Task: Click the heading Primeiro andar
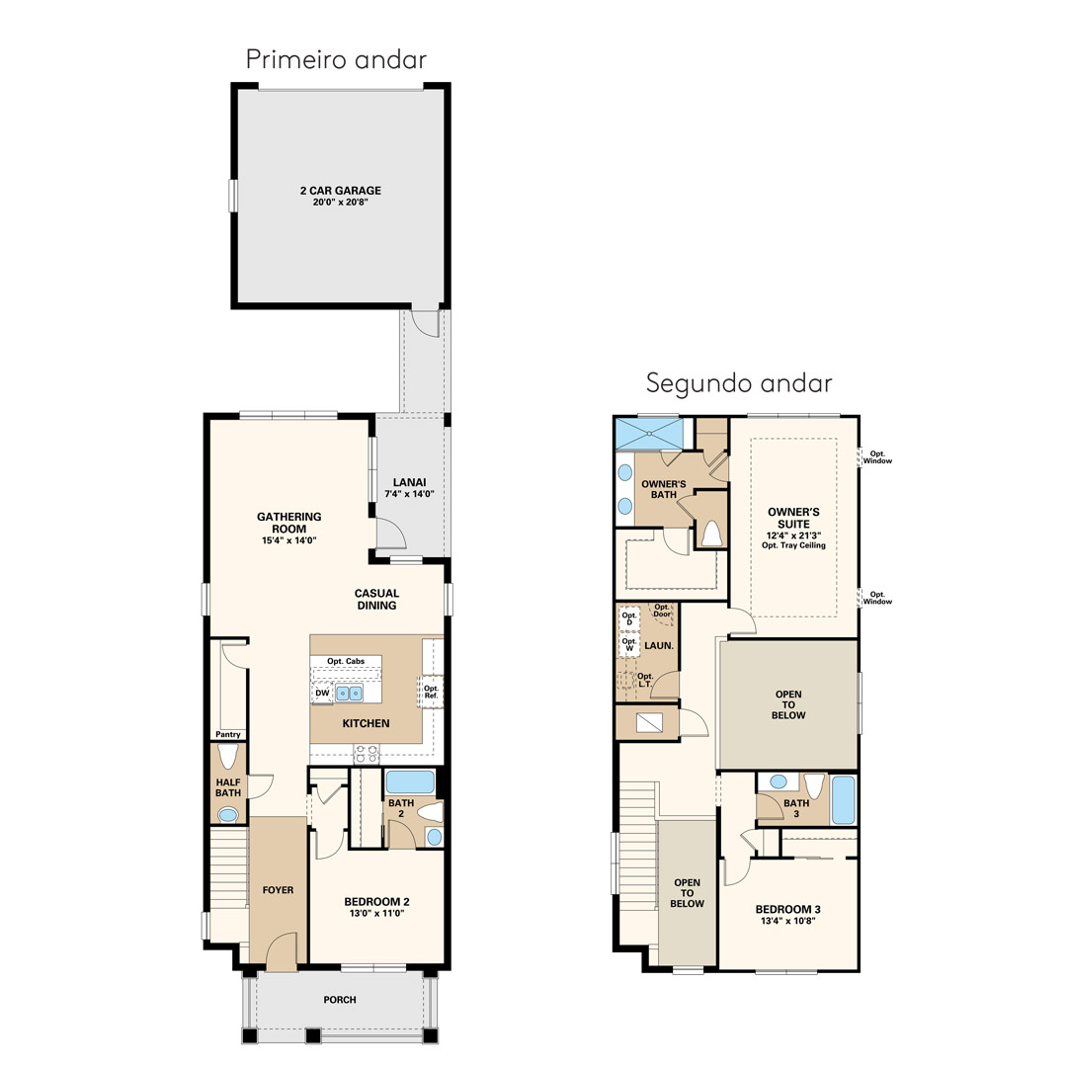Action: (336, 59)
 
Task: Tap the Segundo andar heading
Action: (739, 383)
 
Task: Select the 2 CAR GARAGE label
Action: (341, 191)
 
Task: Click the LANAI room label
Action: (410, 482)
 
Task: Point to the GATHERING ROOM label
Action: (289, 523)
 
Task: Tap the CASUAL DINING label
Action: (377, 599)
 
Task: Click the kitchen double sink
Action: (349, 694)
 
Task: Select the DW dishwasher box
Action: (322, 694)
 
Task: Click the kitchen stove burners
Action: (367, 753)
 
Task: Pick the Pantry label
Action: (228, 734)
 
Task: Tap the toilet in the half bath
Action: (228, 756)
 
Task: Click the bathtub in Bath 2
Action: (410, 781)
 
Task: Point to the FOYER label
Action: (279, 890)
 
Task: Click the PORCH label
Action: (340, 1000)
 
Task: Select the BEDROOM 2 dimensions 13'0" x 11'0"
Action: (377, 913)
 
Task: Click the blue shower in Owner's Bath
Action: (649, 434)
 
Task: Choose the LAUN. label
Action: (659, 646)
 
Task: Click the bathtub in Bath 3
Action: (844, 800)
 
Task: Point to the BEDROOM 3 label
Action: (788, 909)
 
